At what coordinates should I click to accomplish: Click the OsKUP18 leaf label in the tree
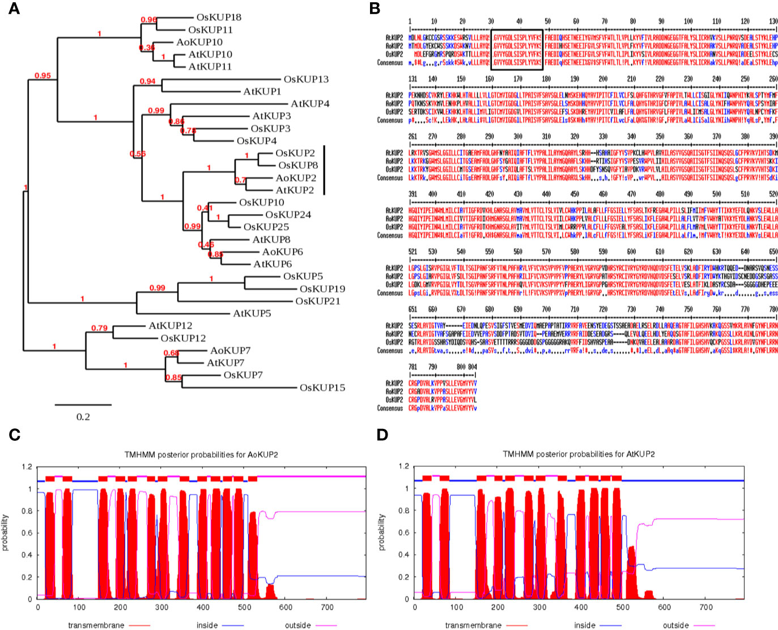tap(219, 18)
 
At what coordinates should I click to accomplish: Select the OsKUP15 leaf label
tap(322, 388)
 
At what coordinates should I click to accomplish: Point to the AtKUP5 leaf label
tap(252, 313)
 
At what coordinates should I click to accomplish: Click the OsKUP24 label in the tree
tap(288, 215)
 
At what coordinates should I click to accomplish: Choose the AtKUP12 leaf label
tap(170, 326)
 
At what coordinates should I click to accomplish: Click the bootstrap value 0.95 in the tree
tap(42, 75)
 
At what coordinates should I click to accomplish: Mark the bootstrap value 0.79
tap(99, 328)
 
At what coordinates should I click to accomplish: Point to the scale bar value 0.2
tap(83, 417)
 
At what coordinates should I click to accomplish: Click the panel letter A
tap(13, 8)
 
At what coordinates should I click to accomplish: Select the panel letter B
tap(375, 8)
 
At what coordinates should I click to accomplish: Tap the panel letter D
tap(382, 435)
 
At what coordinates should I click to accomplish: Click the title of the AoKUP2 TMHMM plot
tap(201, 454)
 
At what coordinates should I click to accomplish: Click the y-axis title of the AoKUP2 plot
tap(6, 533)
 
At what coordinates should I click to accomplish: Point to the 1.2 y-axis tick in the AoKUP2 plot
tap(27, 467)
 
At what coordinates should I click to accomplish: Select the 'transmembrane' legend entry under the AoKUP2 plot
tap(94, 625)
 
